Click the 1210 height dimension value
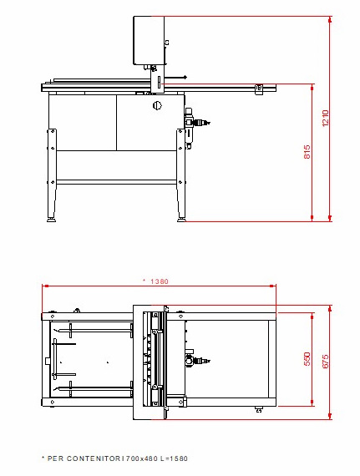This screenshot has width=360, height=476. (x=325, y=119)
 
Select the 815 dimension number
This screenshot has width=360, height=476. (x=307, y=151)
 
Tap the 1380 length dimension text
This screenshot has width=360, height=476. (x=160, y=281)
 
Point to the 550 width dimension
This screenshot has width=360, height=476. (x=307, y=359)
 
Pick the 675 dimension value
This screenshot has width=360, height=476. (x=325, y=362)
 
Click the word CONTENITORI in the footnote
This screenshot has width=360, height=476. (x=95, y=458)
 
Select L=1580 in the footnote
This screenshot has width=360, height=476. (x=174, y=458)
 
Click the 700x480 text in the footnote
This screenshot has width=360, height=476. (x=141, y=458)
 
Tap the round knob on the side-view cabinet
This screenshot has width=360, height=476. (x=157, y=105)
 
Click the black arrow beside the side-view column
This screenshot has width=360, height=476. (x=175, y=77)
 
